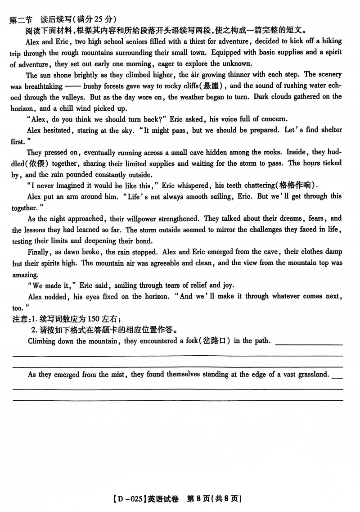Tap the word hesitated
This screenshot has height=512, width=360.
click(55, 130)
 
